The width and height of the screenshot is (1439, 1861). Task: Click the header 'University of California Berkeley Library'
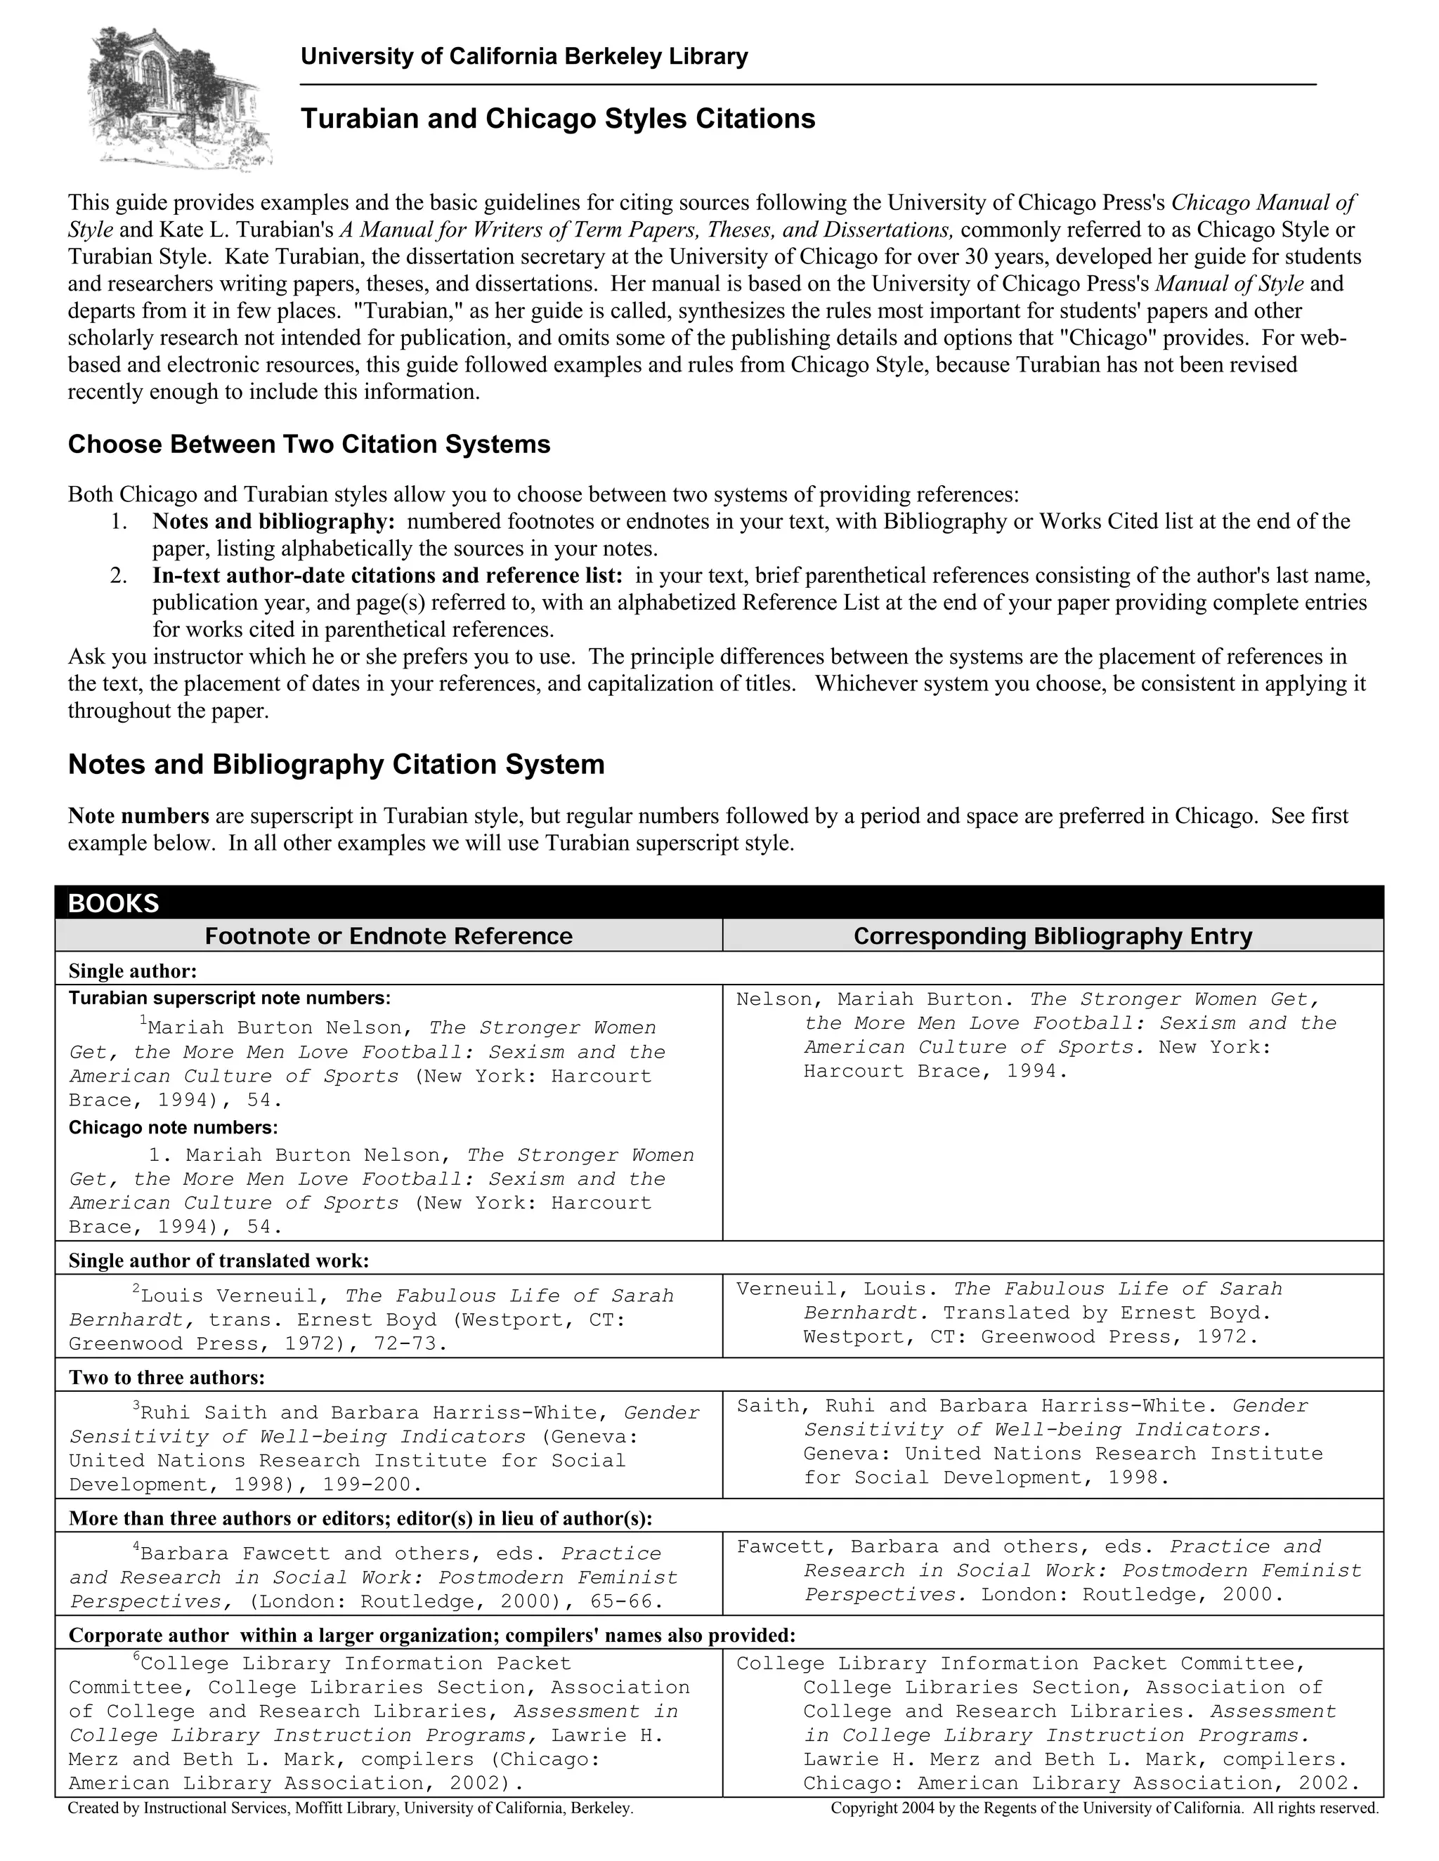(524, 57)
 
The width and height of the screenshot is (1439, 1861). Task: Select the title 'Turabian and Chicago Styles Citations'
(557, 119)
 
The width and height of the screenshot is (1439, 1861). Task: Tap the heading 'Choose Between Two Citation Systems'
(308, 445)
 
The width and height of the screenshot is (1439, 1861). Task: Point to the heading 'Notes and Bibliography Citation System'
(336, 764)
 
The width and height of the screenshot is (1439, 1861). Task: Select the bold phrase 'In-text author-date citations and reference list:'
(388, 576)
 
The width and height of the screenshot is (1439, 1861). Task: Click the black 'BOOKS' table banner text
(113, 903)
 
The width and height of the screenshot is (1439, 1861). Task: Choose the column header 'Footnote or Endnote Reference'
(389, 936)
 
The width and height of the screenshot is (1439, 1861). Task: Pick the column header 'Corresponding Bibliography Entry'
(1053, 936)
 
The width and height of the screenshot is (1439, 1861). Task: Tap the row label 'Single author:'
(133, 971)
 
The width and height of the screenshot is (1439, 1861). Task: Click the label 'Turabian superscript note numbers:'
(229, 998)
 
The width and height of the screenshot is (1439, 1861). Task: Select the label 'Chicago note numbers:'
(173, 1129)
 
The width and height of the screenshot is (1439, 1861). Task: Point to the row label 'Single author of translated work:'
(219, 1261)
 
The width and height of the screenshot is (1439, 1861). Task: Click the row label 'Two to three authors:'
(167, 1378)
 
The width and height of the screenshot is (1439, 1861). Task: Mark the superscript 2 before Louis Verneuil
(136, 1291)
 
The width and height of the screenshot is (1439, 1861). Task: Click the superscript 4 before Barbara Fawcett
(136, 1546)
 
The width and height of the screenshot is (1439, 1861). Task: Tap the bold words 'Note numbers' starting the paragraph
(139, 816)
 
